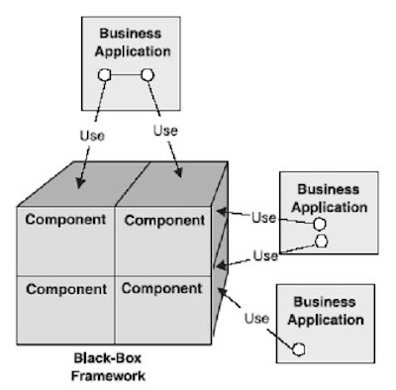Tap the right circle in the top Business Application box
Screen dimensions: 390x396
[x=147, y=74]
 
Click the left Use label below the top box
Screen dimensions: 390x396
[x=91, y=134]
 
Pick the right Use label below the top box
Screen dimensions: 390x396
[x=166, y=130]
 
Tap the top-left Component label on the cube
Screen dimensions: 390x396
[x=65, y=219]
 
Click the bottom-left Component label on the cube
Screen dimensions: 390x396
[x=65, y=290]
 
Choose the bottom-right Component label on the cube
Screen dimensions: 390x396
[x=163, y=289]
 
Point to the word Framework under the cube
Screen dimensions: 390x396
[x=109, y=376]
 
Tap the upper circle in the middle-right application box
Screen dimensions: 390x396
[x=319, y=224]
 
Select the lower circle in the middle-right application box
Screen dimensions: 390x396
[x=320, y=240]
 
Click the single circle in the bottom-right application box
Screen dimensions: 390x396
[x=297, y=348]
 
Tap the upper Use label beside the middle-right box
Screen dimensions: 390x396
[x=263, y=217]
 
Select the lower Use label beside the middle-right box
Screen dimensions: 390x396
[x=264, y=255]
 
